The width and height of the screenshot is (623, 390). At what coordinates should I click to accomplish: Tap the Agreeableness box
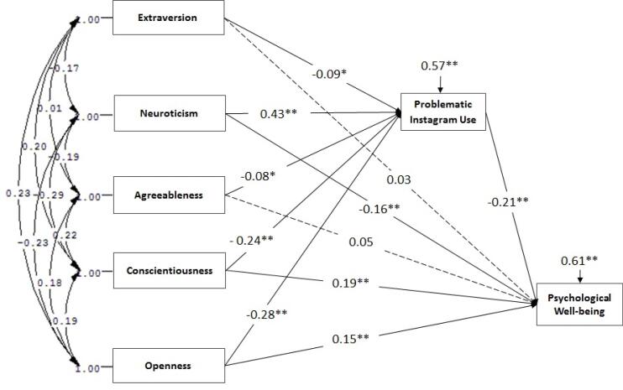pos(167,195)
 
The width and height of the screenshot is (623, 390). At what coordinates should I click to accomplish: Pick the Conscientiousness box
pos(167,271)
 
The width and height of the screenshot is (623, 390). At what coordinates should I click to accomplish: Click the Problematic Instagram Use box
pos(442,112)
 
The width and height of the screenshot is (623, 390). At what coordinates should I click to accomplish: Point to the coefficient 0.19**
pos(347,283)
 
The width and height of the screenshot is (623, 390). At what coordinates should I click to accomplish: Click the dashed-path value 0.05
pos(361,242)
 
